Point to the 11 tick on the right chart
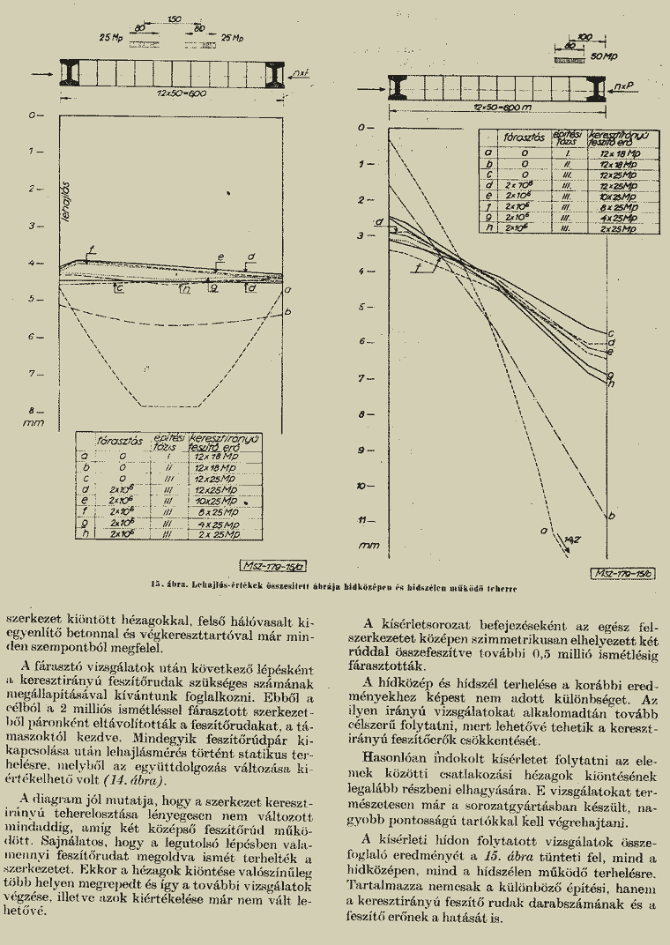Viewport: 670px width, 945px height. pos(364,522)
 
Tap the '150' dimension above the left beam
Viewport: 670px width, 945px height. pos(174,19)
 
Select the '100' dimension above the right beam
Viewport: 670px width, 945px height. pos(584,37)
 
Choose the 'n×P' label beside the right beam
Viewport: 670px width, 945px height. pos(626,86)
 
